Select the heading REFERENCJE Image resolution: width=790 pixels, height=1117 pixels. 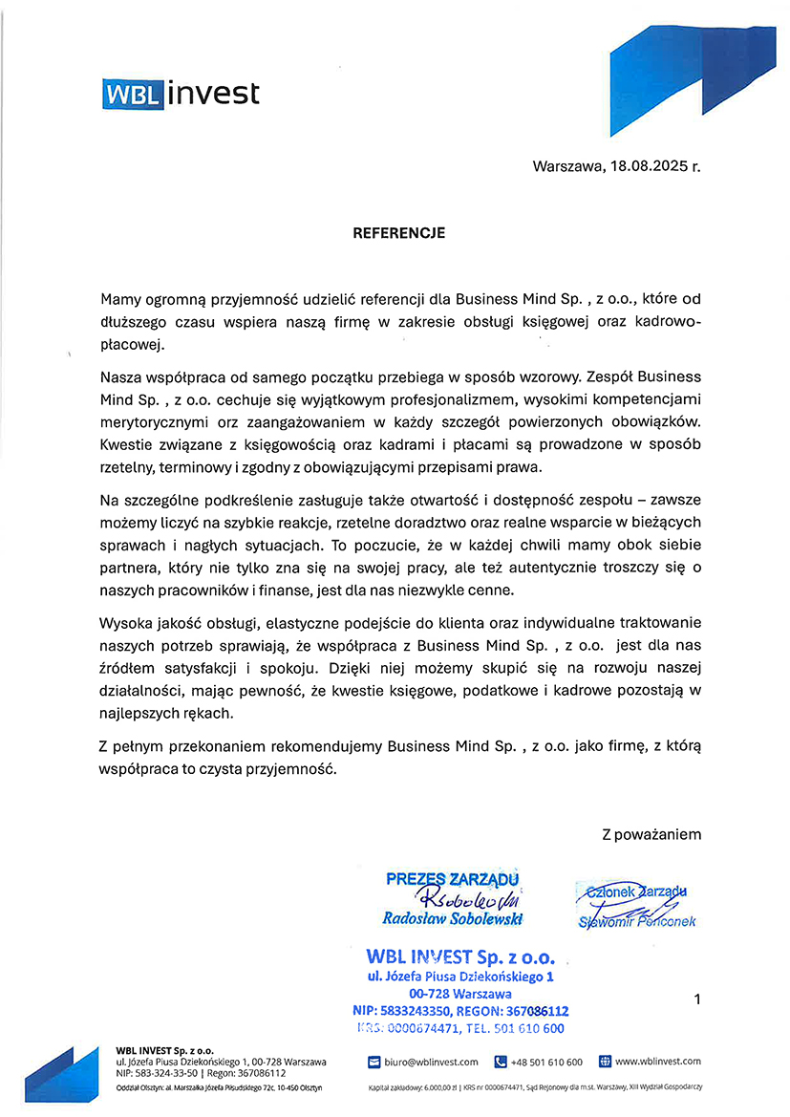point(398,232)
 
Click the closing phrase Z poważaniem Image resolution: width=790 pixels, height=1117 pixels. point(651,834)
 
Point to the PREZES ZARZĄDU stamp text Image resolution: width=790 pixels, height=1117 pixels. point(452,879)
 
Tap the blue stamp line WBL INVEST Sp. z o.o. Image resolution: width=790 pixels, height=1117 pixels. point(466,956)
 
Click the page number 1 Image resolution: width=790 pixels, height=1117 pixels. point(697,999)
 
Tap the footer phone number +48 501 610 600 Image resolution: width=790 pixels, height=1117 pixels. point(546,1062)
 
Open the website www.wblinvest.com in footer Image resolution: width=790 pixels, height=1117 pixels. point(658,1062)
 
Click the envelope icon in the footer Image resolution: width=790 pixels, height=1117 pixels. point(374,1062)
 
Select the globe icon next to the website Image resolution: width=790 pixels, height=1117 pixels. point(605,1062)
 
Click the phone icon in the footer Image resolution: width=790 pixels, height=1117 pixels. point(501,1062)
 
